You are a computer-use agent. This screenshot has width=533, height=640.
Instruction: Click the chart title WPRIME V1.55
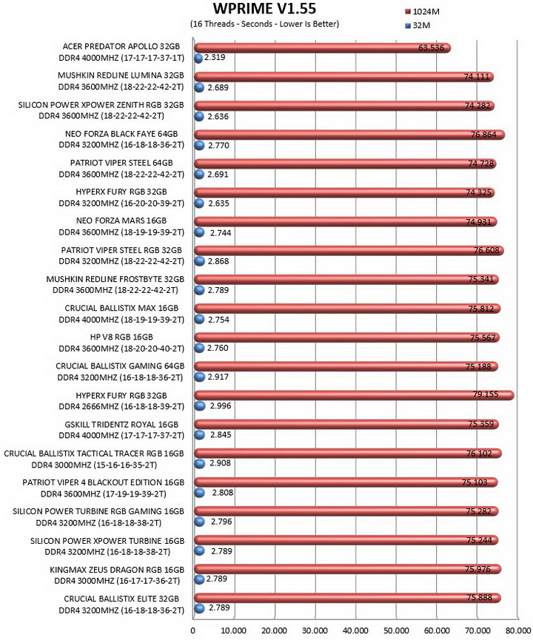click(264, 8)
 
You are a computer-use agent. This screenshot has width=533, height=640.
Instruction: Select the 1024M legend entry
click(422, 11)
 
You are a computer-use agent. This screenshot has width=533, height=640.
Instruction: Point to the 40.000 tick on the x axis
click(355, 630)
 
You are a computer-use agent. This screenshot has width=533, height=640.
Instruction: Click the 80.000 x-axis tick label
click(518, 630)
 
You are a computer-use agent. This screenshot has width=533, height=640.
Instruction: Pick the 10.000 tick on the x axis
click(234, 630)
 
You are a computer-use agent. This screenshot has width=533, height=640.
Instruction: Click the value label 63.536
click(431, 48)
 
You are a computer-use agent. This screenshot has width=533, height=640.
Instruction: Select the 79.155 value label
click(486, 394)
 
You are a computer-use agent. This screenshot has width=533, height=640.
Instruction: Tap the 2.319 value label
click(215, 57)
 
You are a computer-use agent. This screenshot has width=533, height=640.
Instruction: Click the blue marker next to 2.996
click(199, 406)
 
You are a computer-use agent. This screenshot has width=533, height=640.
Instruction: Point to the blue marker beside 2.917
click(199, 377)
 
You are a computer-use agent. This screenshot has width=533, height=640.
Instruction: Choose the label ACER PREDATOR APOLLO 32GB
click(121, 47)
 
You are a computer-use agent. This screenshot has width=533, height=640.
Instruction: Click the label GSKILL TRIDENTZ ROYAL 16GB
click(121, 425)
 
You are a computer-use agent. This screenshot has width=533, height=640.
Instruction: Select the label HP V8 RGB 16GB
click(121, 337)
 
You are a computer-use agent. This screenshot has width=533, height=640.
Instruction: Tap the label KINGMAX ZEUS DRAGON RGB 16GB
click(117, 570)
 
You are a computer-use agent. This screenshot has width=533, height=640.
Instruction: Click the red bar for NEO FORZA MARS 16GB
click(346, 222)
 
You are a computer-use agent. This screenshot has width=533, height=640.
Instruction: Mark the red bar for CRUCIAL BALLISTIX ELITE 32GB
click(348, 598)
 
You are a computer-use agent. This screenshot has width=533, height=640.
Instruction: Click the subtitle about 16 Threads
click(265, 24)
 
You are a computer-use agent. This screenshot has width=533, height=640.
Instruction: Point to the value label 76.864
click(483, 135)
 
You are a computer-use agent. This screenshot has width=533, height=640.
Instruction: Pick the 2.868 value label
click(218, 261)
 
